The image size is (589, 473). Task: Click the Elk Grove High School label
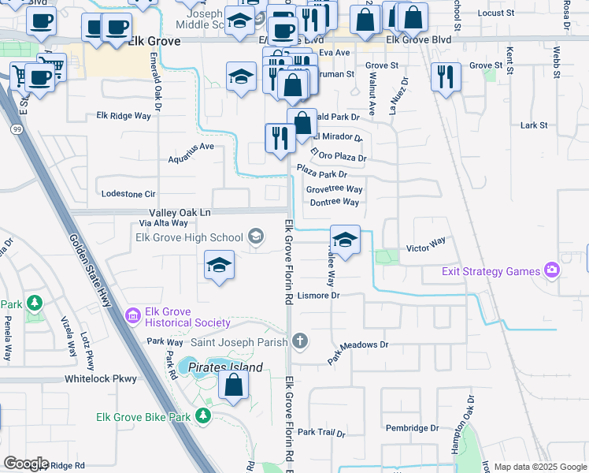coord(189,236)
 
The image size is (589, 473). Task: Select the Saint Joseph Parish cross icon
coord(299,341)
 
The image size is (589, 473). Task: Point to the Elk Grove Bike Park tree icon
coord(204,415)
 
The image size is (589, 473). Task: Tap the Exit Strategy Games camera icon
coord(551,271)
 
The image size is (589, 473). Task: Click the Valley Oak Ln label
coord(180,213)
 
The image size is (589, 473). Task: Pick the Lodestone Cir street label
coord(129,193)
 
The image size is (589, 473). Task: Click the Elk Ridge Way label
coord(123,116)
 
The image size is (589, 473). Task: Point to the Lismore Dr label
coord(319,296)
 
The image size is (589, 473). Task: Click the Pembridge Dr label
coord(412,428)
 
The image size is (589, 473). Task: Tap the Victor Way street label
coord(426,245)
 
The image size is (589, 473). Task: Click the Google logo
coord(26,464)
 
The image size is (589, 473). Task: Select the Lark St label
coord(533,125)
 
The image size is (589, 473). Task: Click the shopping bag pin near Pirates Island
coord(233,386)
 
